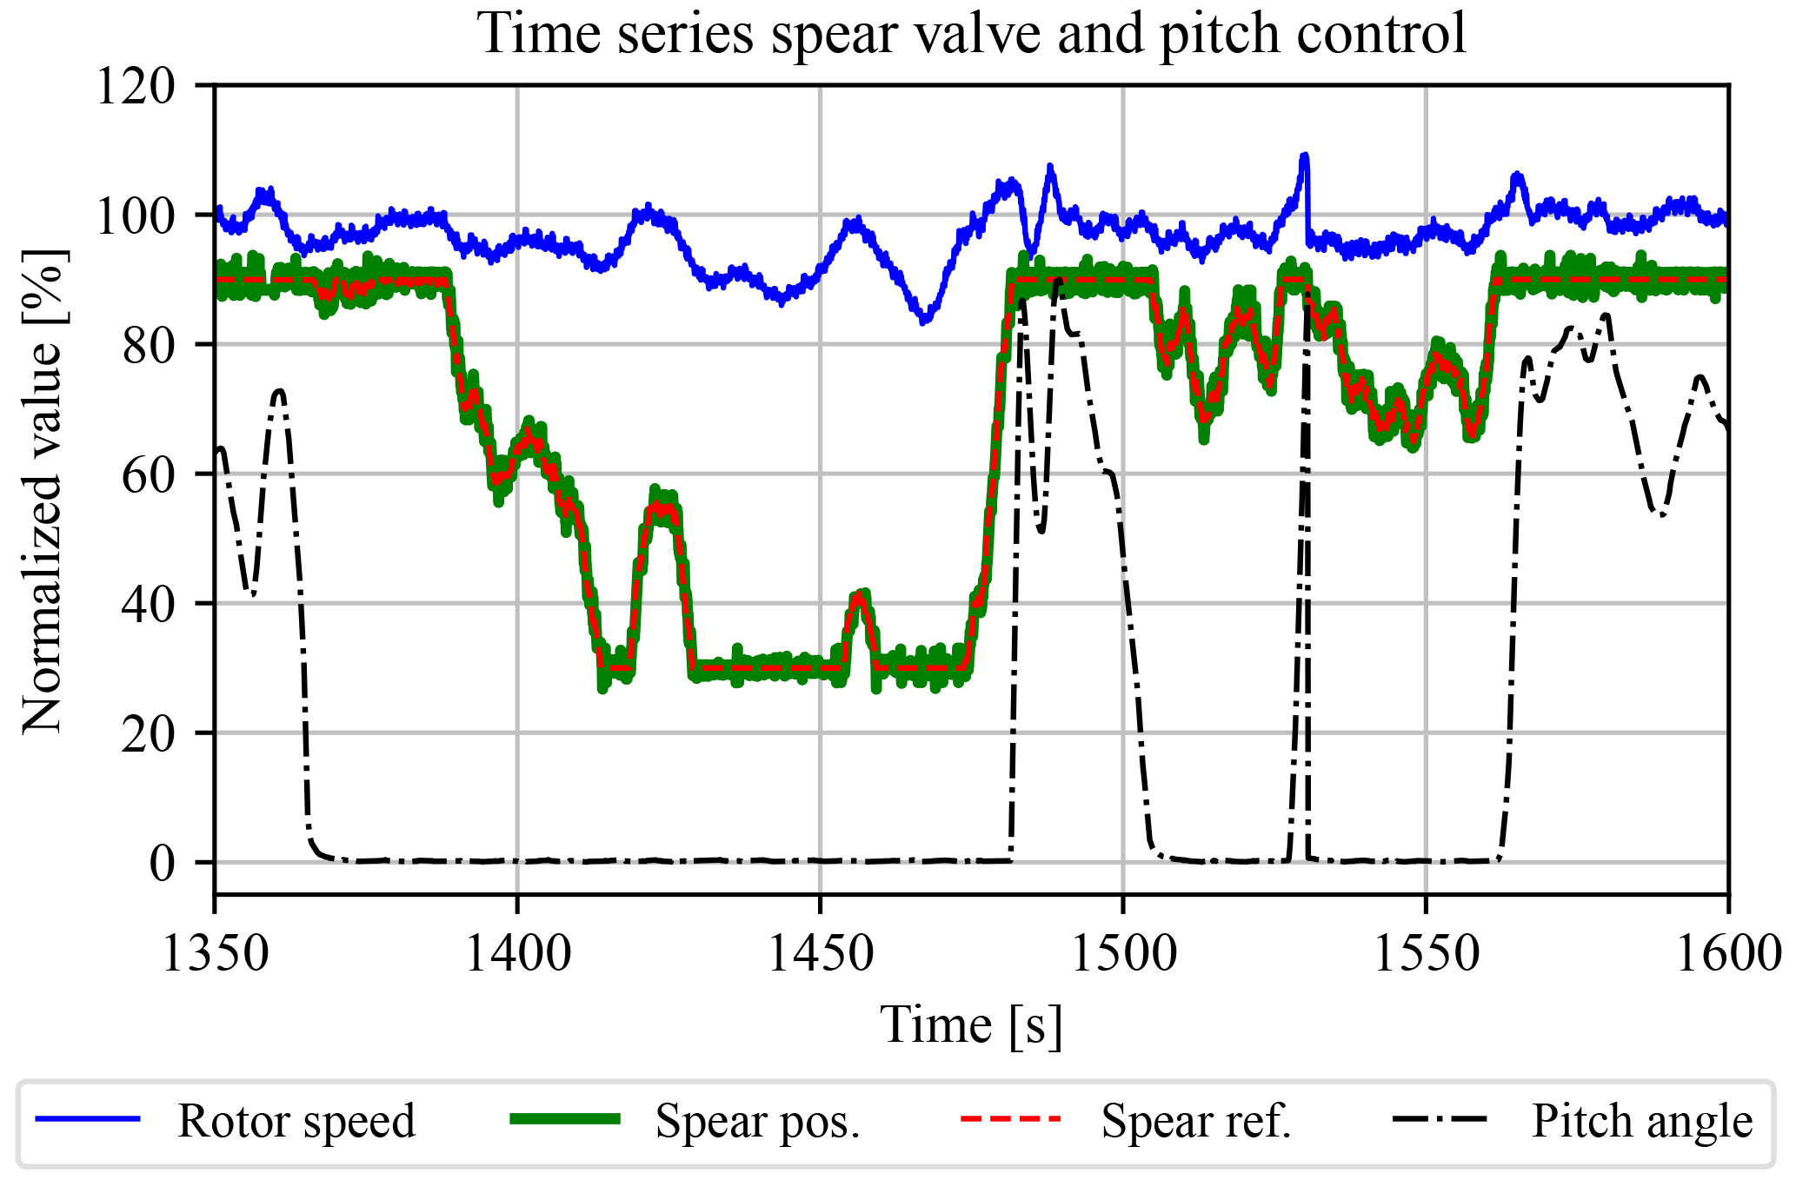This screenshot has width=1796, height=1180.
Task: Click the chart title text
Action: (x=972, y=35)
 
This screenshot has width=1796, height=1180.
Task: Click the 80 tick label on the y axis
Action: (x=148, y=345)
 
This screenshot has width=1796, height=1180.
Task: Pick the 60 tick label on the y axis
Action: (x=148, y=474)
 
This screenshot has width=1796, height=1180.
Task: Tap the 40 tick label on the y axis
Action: (x=148, y=604)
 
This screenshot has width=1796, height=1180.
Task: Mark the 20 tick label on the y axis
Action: (x=148, y=733)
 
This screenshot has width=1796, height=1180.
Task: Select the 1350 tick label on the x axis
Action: (x=216, y=953)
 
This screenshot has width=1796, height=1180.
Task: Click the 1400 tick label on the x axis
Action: (x=518, y=953)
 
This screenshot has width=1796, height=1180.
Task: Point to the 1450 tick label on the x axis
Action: (x=821, y=953)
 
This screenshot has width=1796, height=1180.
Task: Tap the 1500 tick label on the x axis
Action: (x=1123, y=953)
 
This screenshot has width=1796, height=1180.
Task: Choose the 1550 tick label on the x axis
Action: (x=1426, y=953)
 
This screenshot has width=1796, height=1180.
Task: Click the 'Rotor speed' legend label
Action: (x=296, y=1121)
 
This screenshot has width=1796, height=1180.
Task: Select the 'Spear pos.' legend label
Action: (x=757, y=1121)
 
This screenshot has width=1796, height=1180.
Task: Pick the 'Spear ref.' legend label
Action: (x=1196, y=1121)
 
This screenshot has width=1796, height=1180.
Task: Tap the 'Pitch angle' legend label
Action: (x=1642, y=1121)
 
